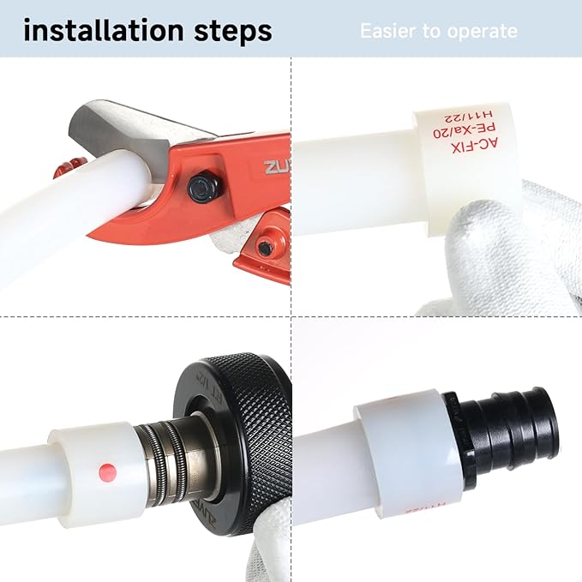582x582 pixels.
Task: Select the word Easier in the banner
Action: pyautogui.click(x=388, y=32)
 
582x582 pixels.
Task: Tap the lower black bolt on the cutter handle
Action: pyautogui.click(x=267, y=248)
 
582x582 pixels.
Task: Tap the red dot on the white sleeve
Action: pyautogui.click(x=107, y=470)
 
